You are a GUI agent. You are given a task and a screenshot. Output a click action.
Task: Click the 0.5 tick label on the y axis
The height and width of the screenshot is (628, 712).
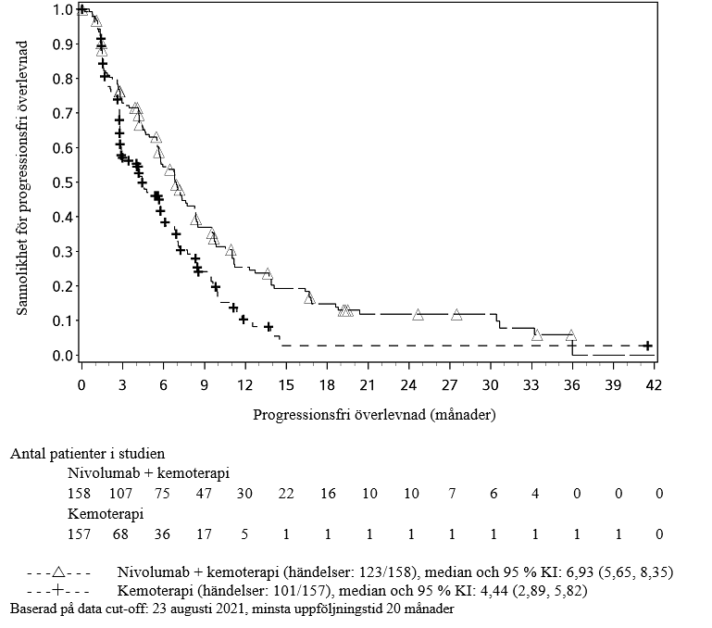point(63,182)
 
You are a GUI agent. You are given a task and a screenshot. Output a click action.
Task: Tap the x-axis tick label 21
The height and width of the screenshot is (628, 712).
point(368,384)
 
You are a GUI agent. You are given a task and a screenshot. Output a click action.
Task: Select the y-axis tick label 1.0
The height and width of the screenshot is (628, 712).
point(63,10)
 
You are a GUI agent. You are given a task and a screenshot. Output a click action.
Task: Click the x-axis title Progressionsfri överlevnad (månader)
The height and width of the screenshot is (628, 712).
point(375,415)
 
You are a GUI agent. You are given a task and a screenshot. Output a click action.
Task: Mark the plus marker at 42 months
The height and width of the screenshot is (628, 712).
point(647,345)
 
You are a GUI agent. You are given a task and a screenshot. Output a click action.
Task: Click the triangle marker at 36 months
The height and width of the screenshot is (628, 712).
point(570,335)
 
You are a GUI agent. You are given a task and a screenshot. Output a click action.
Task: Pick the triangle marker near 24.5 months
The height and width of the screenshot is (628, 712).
point(418,315)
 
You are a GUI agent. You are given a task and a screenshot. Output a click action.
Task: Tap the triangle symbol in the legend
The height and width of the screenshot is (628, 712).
point(57,571)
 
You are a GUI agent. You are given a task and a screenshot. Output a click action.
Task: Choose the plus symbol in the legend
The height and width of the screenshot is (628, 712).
point(57,590)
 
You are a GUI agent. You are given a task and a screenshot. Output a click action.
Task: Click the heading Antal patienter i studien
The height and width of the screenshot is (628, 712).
point(87,454)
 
